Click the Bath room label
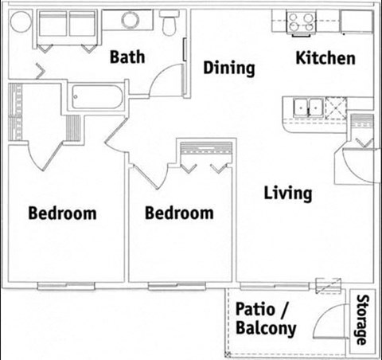pyautogui.click(x=128, y=57)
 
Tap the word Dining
pyautogui.click(x=229, y=68)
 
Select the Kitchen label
pyautogui.click(x=325, y=58)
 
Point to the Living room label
pyautogui.click(x=288, y=194)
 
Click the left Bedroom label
pyautogui.click(x=62, y=213)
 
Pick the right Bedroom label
pyautogui.click(x=179, y=213)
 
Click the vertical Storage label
pyautogui.click(x=362, y=320)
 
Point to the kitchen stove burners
pyautogui.click(x=302, y=22)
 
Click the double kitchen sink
pyautogui.click(x=306, y=107)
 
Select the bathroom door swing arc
pyautogui.click(x=166, y=80)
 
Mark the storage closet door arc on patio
pyautogui.click(x=326, y=322)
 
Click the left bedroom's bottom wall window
pyautogui.click(x=66, y=284)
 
